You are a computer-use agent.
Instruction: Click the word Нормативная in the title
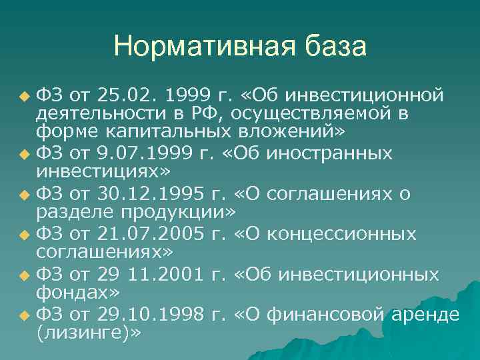pyautogui.click(x=198, y=47)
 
